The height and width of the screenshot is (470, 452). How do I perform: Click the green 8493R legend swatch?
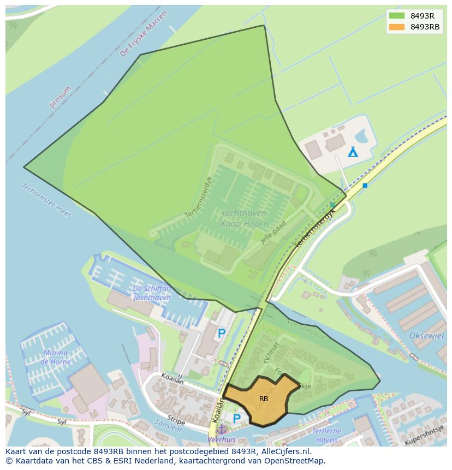(397, 16)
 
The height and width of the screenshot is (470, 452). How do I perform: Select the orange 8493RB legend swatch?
(397, 27)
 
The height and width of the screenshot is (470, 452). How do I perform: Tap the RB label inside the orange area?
(264, 399)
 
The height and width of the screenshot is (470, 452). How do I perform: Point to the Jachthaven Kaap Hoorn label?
(245, 218)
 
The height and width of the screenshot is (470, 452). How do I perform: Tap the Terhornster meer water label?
(46, 200)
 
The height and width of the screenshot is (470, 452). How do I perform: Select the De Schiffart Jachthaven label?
(152, 293)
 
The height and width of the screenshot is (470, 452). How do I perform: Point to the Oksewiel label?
(426, 336)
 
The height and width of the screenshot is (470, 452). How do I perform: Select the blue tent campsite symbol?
(353, 151)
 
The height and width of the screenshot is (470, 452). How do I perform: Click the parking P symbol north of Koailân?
(222, 333)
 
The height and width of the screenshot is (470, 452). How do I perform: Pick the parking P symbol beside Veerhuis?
(236, 419)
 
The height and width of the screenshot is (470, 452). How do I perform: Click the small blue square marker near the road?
(365, 186)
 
